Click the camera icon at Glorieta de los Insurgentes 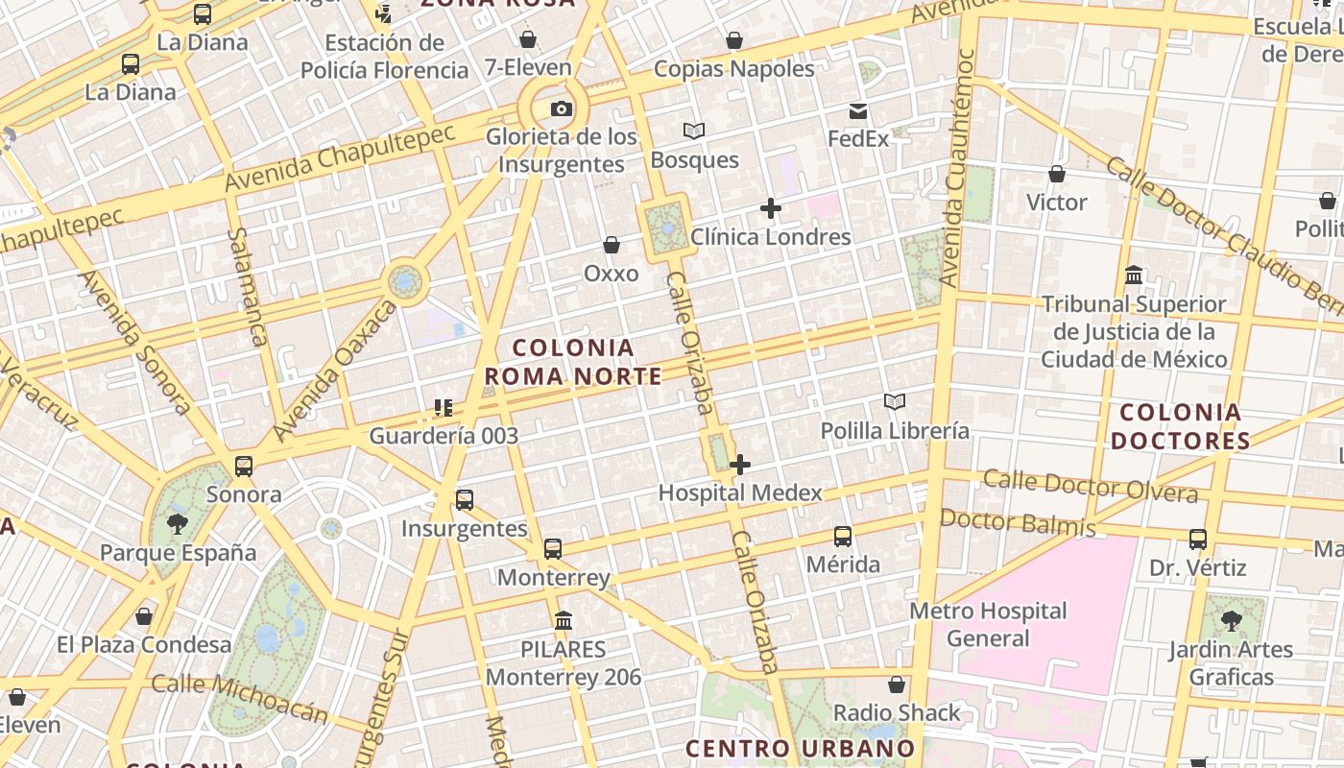click(x=562, y=108)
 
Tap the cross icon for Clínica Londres click(x=770, y=208)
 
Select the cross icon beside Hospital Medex click(x=740, y=466)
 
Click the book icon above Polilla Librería click(x=895, y=401)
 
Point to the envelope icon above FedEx click(x=858, y=111)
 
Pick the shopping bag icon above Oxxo click(x=612, y=246)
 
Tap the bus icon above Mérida click(x=843, y=537)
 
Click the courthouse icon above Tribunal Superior click(x=1134, y=276)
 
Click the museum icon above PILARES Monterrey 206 click(x=564, y=621)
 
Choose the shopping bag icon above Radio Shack click(x=897, y=684)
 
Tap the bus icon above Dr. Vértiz click(x=1198, y=540)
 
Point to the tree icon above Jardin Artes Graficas click(x=1231, y=621)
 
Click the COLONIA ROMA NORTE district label click(x=573, y=362)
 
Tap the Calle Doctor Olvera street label click(x=1091, y=486)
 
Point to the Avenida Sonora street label click(x=135, y=343)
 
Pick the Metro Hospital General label click(x=988, y=624)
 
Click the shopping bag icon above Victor click(x=1057, y=175)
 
